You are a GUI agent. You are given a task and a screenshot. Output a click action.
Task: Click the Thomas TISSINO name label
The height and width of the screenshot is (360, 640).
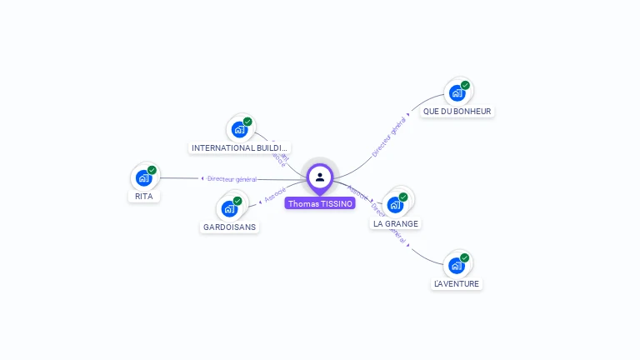321,203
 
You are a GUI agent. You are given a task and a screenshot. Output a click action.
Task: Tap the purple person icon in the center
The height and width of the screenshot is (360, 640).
320,177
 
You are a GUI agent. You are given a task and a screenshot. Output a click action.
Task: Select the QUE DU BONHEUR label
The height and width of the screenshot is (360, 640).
457,111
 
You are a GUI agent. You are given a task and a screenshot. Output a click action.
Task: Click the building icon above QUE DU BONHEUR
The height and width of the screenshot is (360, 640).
457,93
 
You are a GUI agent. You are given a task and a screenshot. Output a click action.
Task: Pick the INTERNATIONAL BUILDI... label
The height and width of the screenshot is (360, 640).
240,147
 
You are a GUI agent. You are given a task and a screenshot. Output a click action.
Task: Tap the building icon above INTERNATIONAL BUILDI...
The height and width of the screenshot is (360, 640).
239,129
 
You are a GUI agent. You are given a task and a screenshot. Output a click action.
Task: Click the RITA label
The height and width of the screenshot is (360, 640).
144,197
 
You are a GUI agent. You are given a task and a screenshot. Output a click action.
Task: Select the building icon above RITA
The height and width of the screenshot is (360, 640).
143,177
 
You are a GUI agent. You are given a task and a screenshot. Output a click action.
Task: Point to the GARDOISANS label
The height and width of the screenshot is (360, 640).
230,227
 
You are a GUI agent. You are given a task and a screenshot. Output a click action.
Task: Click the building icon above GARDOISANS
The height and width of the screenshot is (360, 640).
229,208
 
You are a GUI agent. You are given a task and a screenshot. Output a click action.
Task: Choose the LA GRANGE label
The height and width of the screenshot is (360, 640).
396,223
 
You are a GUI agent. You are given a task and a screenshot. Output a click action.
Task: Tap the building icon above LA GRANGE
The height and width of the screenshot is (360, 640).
395,204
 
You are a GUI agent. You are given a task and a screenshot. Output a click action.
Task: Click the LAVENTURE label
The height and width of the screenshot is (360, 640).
457,283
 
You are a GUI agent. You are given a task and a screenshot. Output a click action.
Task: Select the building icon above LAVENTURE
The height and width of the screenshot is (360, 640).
456,265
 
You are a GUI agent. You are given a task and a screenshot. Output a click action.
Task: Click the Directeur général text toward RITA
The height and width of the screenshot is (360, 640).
232,178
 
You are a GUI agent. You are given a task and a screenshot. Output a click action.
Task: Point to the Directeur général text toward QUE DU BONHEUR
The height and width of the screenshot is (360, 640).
388,137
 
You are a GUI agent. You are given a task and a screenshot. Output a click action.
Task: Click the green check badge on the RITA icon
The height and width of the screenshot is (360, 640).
152,170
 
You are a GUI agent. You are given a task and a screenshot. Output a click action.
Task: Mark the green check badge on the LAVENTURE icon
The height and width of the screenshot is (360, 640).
464,257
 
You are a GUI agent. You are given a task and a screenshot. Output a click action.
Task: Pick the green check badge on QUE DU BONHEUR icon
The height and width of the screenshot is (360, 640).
465,85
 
